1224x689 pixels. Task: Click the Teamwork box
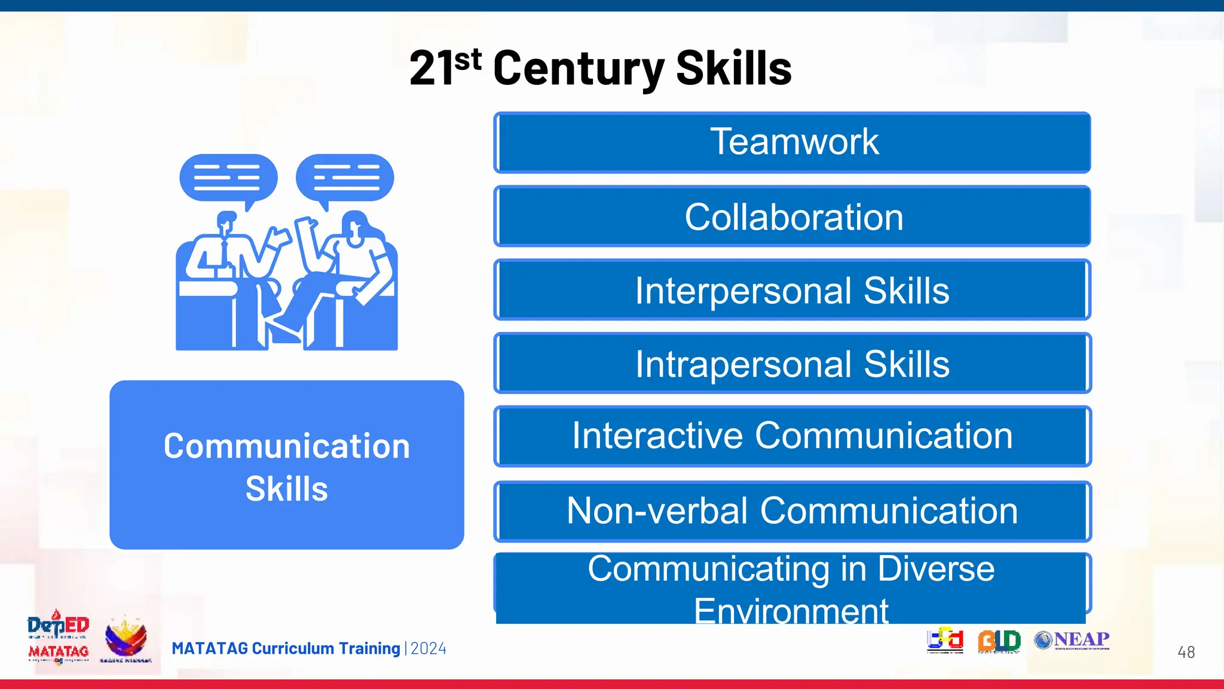point(792,142)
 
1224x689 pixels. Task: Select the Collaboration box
point(792,217)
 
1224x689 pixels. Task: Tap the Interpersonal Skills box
point(792,290)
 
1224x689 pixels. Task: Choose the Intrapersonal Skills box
point(792,364)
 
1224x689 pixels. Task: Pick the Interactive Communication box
point(792,436)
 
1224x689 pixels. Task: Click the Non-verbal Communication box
point(792,511)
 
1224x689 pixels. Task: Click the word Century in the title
point(578,69)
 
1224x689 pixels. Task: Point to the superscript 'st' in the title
point(467,60)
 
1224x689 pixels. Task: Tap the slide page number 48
point(1186,652)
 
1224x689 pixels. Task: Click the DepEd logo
point(58,626)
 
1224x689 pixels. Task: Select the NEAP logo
point(1072,640)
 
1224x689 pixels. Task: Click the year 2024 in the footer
point(429,649)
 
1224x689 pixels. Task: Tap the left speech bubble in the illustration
point(228,178)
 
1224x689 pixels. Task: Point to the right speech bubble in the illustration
point(345,178)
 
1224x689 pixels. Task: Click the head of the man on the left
point(226,222)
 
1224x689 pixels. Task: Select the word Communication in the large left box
point(287,446)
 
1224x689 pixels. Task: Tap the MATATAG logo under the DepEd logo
point(59,652)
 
